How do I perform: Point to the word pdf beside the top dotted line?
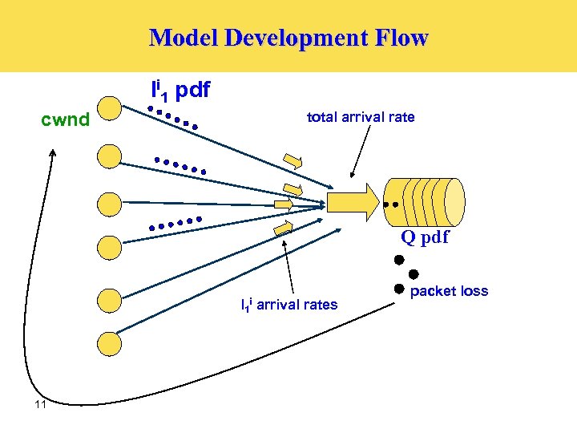(x=192, y=91)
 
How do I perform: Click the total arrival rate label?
(x=361, y=117)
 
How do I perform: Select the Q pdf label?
(x=425, y=237)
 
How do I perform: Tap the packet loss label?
(x=449, y=291)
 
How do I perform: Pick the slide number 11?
(x=41, y=405)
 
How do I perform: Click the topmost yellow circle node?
(x=108, y=110)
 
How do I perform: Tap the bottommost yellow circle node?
(x=108, y=343)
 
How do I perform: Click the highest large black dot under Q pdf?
(x=397, y=261)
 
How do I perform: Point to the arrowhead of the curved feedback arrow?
(x=54, y=152)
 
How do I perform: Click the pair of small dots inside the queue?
(x=390, y=205)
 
